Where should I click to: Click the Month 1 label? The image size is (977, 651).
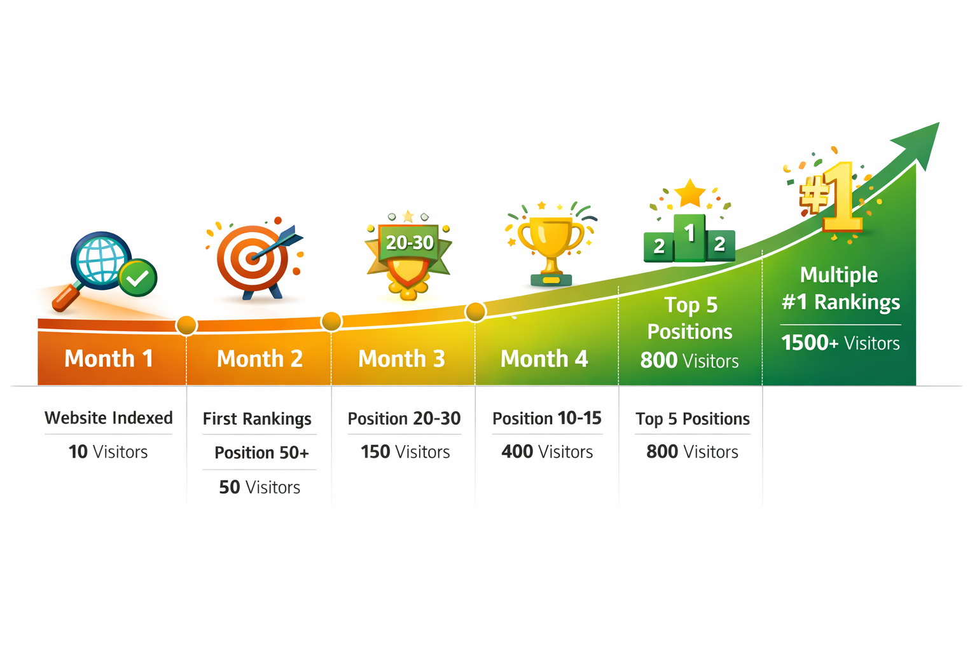pyautogui.click(x=109, y=359)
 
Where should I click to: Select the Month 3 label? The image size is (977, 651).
pyautogui.click(x=401, y=359)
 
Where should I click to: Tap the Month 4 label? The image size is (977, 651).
pyautogui.click(x=544, y=359)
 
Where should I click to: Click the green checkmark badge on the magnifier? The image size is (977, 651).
pyautogui.click(x=138, y=277)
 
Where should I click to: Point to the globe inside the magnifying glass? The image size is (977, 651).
pyautogui.click(x=100, y=259)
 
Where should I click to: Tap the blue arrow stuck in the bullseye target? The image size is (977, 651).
pyautogui.click(x=281, y=243)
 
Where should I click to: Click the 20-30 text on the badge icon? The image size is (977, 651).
pyautogui.click(x=410, y=242)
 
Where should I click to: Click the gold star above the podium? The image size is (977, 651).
pyautogui.click(x=690, y=193)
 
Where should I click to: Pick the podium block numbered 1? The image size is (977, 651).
pyautogui.click(x=689, y=238)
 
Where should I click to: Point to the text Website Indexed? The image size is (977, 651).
pyautogui.click(x=109, y=418)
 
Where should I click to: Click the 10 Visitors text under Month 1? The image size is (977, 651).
pyautogui.click(x=108, y=452)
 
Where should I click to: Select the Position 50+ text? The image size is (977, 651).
pyautogui.click(x=261, y=453)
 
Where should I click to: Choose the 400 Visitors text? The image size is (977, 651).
pyautogui.click(x=547, y=452)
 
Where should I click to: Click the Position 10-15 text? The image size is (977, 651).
pyautogui.click(x=547, y=418)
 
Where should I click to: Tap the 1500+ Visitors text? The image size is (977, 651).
pyautogui.click(x=840, y=343)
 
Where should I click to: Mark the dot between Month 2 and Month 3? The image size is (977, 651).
pyautogui.click(x=331, y=322)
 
